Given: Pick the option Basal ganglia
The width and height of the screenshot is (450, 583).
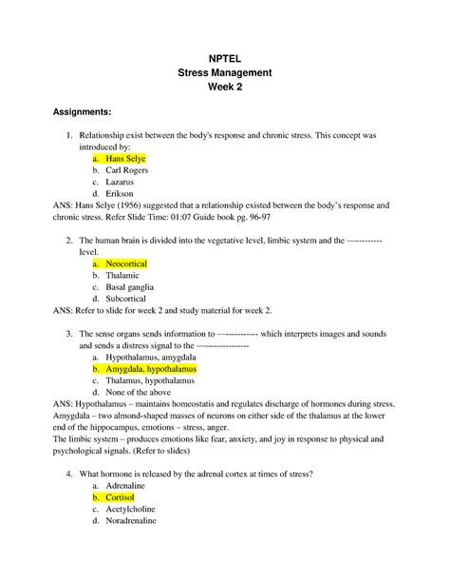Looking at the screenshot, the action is click(131, 285).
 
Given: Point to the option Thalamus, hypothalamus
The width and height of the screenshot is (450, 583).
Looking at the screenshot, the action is click(151, 379).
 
